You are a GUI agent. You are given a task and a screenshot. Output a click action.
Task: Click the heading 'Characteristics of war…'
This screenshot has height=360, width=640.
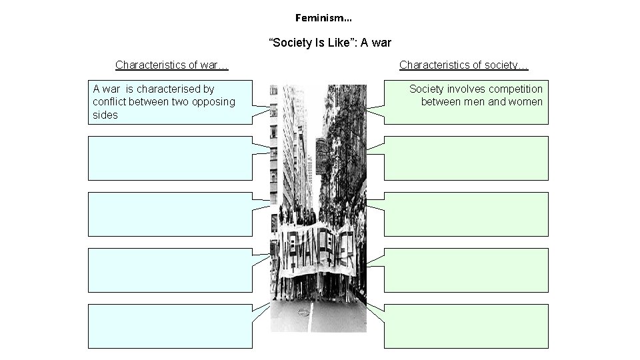(172, 65)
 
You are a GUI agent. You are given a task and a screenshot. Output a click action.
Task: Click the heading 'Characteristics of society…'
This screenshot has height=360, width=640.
(464, 65)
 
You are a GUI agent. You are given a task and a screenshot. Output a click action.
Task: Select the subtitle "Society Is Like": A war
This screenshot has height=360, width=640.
(330, 43)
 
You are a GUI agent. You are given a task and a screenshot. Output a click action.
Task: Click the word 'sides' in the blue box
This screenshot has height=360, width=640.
(105, 115)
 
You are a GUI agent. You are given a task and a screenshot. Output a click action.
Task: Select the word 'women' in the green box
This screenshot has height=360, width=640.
(526, 101)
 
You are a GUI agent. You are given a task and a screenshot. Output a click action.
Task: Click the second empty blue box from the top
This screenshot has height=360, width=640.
(171, 158)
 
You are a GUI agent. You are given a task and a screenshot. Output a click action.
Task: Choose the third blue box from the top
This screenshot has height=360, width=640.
(171, 214)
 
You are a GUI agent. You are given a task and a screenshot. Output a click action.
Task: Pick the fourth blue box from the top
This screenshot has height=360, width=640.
(171, 270)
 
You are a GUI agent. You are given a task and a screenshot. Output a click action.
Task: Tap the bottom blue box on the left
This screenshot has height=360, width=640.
(171, 326)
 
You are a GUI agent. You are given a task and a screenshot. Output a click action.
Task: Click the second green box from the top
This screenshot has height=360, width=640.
(466, 158)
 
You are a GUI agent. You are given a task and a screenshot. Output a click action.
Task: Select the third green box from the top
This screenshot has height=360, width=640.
(466, 214)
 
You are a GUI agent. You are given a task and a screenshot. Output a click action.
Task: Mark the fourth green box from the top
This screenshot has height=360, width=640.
(466, 270)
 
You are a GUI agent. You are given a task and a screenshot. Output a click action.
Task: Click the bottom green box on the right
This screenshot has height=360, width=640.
(466, 326)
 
